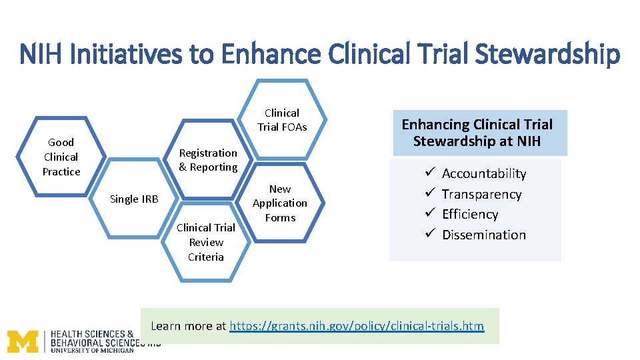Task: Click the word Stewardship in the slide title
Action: [x=547, y=54]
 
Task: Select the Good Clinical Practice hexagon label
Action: [x=61, y=157]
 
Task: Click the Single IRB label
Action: [x=134, y=199]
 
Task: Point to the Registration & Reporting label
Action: [x=208, y=160]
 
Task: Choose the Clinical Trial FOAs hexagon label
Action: [x=282, y=120]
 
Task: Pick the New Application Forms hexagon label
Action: [x=280, y=203]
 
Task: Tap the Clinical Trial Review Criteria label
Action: [x=206, y=242]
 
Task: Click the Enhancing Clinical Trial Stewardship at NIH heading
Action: [x=477, y=133]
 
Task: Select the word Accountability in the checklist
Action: [x=484, y=174]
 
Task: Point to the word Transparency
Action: [x=481, y=195]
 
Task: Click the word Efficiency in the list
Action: [x=470, y=215]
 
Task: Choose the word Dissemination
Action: [x=484, y=235]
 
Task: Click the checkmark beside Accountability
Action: [x=429, y=173]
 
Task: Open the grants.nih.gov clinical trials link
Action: [x=357, y=326]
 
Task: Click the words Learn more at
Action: [x=189, y=326]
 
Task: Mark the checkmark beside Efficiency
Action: [x=429, y=214]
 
